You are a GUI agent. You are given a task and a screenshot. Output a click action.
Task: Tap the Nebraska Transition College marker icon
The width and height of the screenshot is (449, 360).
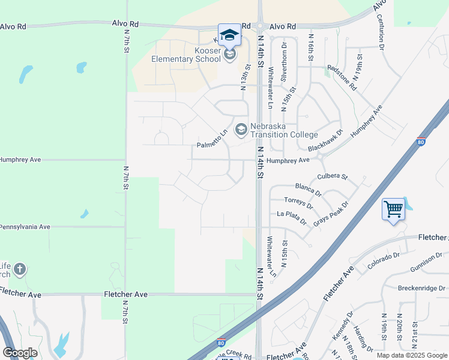[x=241, y=130]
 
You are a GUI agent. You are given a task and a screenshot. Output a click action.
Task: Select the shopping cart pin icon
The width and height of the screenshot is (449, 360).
[x=393, y=211]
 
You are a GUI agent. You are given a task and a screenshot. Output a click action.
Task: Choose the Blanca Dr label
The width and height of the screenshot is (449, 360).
[x=309, y=189]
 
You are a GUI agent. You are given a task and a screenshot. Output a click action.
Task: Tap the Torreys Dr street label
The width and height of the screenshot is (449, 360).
[x=299, y=202]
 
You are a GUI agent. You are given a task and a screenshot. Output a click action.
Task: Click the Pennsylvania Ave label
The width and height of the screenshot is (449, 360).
[x=25, y=227]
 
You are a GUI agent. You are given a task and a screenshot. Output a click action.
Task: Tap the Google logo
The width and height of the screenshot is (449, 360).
[x=20, y=352]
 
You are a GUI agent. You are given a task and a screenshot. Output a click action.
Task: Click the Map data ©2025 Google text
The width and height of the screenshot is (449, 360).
[x=411, y=355]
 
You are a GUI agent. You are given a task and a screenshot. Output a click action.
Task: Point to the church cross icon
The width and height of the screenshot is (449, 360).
[x=19, y=269]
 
